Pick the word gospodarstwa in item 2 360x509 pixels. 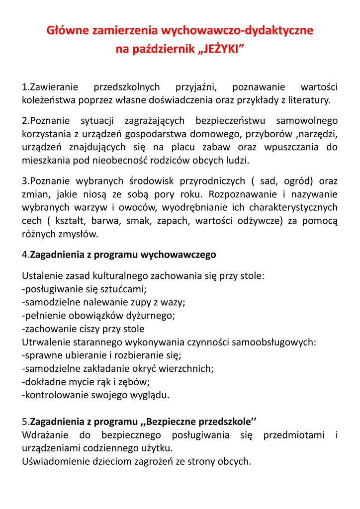click(x=154, y=134)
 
